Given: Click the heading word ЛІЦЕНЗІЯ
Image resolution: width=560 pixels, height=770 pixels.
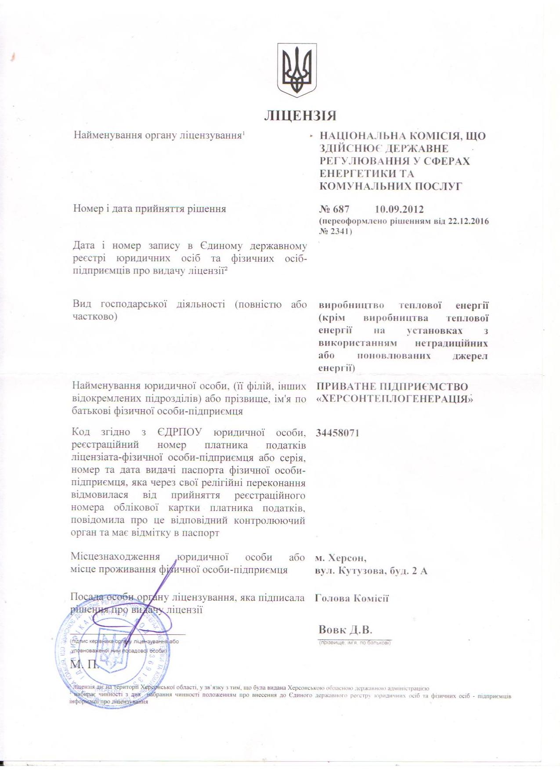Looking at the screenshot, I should (x=300, y=116).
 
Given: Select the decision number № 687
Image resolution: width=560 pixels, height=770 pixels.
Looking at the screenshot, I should (x=334, y=209).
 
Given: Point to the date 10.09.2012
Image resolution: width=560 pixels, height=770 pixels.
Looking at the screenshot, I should (x=399, y=209).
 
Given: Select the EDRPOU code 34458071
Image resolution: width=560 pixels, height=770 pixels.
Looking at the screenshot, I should (x=337, y=433).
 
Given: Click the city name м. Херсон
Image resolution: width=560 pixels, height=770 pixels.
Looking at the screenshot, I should (x=341, y=558).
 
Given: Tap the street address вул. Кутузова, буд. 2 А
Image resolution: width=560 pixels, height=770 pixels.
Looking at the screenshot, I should (x=371, y=571).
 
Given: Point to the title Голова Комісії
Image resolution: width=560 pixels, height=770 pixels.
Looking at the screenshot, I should (x=352, y=598).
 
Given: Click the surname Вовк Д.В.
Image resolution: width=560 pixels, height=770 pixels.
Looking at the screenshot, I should (x=345, y=630).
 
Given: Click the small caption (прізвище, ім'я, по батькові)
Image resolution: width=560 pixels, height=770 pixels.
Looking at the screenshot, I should (x=354, y=643).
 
